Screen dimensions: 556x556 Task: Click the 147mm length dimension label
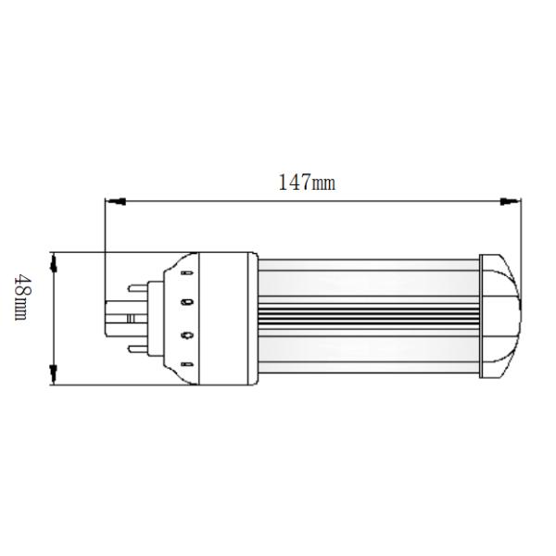[x=307, y=183]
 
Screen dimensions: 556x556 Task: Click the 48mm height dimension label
[x=20, y=297]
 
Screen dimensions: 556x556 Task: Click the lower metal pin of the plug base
[x=139, y=349]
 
